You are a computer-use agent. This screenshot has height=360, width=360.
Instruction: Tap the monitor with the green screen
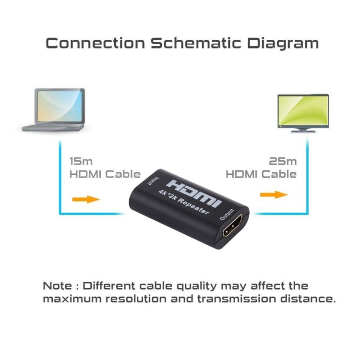click(303, 110)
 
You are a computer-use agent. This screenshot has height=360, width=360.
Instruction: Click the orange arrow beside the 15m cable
click(87, 198)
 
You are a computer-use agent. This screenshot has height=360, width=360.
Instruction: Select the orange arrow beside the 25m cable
click(274, 194)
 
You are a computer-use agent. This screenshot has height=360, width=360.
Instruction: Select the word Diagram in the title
click(283, 43)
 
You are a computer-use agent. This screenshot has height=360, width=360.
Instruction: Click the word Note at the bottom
click(58, 287)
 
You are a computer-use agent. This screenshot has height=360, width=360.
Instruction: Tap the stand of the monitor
click(303, 129)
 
